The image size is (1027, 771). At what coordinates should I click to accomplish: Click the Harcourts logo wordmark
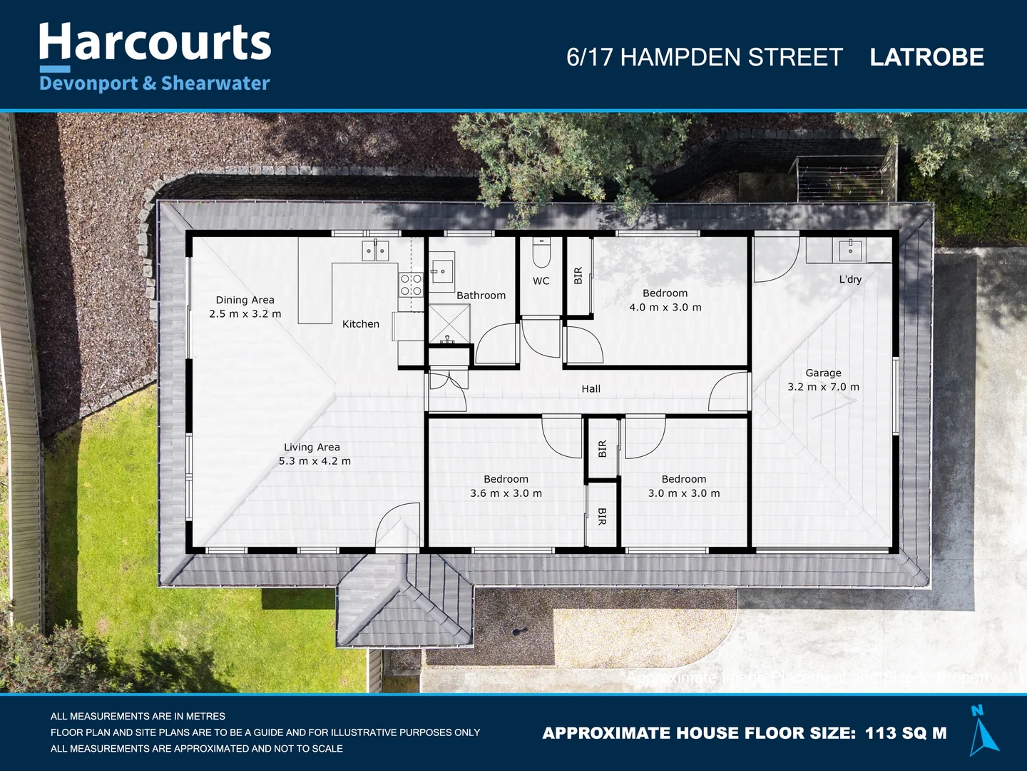(155, 43)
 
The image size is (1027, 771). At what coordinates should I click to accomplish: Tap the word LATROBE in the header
(926, 57)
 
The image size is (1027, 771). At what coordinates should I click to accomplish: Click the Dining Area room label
(245, 300)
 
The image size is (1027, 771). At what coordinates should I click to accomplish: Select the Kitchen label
(361, 324)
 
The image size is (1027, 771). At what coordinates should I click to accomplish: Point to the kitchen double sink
(375, 251)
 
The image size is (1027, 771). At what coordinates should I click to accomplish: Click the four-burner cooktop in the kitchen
(411, 285)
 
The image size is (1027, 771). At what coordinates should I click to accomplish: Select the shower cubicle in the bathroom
(449, 325)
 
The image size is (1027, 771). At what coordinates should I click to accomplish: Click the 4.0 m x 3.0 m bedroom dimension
(665, 308)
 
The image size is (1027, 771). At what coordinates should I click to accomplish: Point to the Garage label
(823, 373)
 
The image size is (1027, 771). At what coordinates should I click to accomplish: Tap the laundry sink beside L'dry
(850, 251)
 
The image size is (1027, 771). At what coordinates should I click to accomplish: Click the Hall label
(591, 389)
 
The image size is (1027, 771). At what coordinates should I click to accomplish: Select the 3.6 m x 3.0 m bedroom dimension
(506, 493)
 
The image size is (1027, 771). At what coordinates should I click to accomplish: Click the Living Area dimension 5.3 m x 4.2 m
(315, 461)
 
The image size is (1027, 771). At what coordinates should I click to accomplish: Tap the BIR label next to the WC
(578, 276)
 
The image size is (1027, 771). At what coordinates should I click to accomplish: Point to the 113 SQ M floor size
(906, 733)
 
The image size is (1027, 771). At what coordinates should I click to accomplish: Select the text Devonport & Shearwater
(155, 84)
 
